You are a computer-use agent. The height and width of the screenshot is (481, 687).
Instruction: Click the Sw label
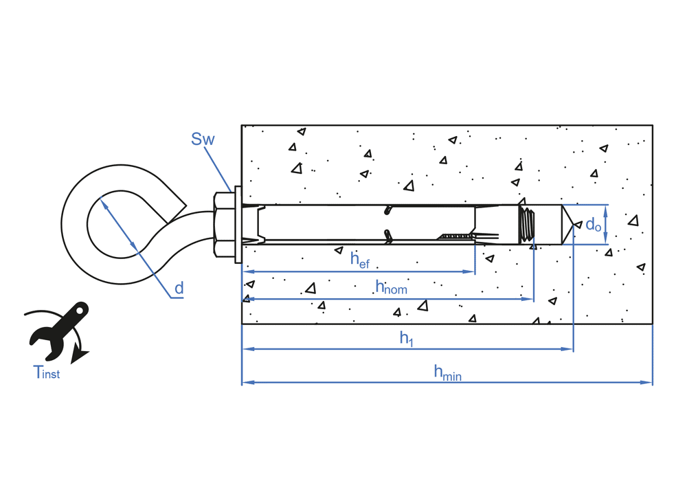203,139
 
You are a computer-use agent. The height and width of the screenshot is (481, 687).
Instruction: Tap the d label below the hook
179,289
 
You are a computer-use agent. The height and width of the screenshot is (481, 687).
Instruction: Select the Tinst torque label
47,373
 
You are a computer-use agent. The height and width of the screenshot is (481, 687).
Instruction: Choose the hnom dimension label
391,287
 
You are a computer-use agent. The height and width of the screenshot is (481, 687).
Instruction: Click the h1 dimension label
407,338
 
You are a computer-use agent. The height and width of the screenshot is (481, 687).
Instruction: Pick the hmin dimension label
447,372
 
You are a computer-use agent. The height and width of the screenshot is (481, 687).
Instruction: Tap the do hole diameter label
593,224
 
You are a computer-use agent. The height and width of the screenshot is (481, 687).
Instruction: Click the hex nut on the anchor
223,225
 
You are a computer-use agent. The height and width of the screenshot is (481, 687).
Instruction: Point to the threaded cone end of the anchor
527,224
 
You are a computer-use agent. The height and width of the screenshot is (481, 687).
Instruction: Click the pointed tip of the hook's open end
185,203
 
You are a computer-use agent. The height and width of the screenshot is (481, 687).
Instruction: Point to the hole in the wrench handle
80,311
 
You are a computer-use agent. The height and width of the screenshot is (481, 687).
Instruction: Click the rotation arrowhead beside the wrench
82,355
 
